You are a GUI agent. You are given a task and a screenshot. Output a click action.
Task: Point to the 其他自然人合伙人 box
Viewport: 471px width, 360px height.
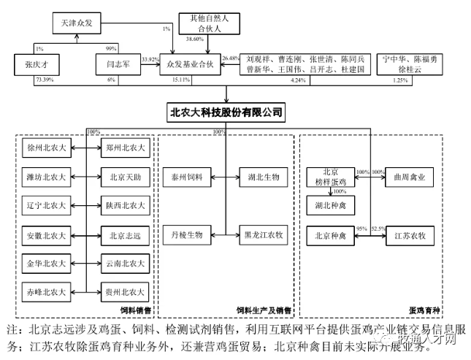click(215, 24)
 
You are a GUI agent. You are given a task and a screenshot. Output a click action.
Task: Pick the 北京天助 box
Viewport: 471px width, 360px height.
click(123, 177)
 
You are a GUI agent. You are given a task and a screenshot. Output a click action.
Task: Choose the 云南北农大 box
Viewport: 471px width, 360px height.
click(123, 263)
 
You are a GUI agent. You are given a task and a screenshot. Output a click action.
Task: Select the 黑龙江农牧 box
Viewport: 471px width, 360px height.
click(261, 236)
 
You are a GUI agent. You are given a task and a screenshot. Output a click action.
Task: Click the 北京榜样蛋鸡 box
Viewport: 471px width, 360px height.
click(330, 177)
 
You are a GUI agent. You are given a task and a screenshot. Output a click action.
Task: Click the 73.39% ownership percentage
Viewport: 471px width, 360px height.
click(45, 79)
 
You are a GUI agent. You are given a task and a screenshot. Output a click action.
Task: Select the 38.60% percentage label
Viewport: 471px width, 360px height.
click(195, 39)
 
